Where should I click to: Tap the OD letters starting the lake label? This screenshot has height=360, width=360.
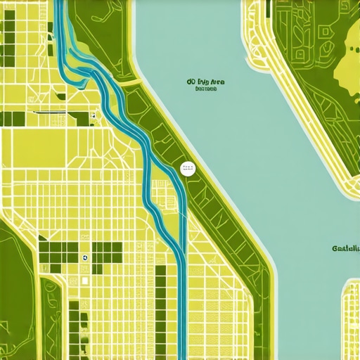click(x=191, y=82)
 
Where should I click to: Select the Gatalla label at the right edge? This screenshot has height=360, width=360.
click(x=346, y=248)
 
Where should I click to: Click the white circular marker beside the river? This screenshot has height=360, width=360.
click(x=188, y=168)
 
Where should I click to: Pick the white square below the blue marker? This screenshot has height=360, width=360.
click(x=84, y=281)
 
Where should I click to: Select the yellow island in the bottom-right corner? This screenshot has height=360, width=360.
click(x=350, y=316)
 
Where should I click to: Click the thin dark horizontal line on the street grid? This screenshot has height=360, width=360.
click(x=42, y=112)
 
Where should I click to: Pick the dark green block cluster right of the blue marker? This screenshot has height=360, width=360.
click(x=105, y=253)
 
